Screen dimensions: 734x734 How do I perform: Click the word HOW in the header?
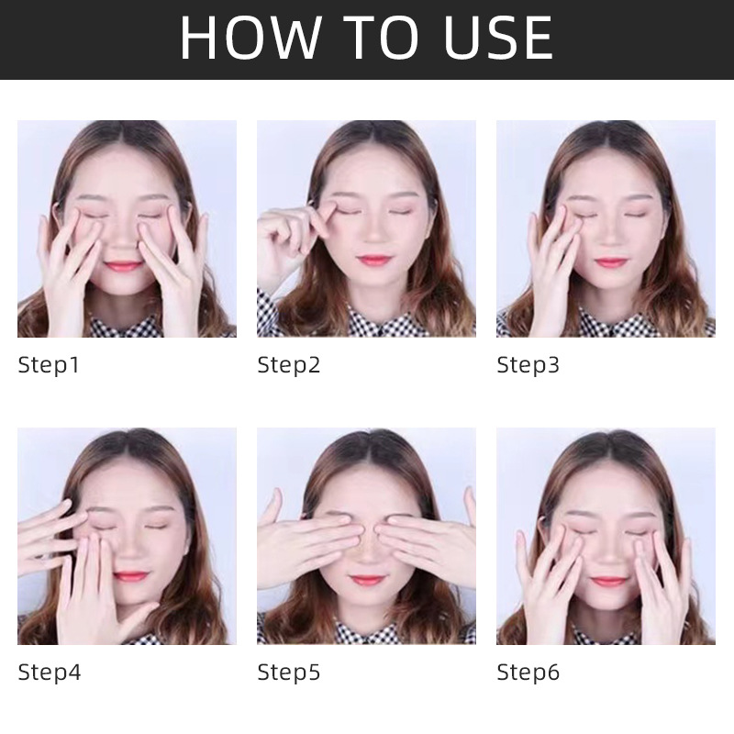pyautogui.click(x=250, y=38)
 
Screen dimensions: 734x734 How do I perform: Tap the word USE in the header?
pyautogui.click(x=498, y=38)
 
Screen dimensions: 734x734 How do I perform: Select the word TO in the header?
pyautogui.click(x=380, y=38)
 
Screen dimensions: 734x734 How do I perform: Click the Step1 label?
pyautogui.click(x=49, y=365)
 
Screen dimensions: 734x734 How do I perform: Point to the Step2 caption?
pyautogui.click(x=289, y=365)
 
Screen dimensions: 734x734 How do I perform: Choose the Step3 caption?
pyautogui.click(x=528, y=365)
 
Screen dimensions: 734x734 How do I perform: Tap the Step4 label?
pyautogui.click(x=50, y=673)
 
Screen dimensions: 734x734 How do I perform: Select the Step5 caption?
pyautogui.click(x=289, y=673)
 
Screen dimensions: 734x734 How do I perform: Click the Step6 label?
pyautogui.click(x=528, y=673)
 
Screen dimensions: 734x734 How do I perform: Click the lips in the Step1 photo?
pyautogui.click(x=123, y=266)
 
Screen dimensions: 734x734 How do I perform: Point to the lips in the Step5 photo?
pyautogui.click(x=367, y=581)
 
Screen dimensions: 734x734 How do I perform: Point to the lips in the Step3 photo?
pyautogui.click(x=610, y=262)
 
